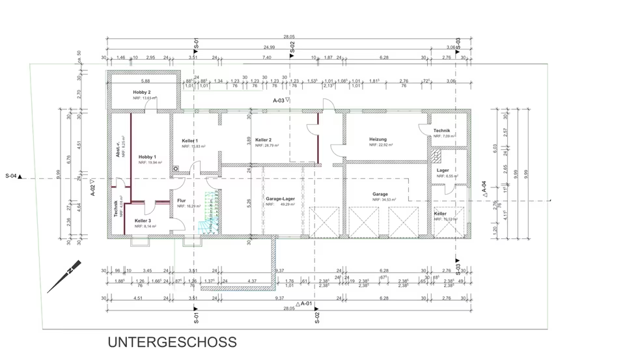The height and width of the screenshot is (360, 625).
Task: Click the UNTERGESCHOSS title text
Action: pos(172,342)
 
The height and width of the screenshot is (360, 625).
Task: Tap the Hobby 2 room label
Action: pos(142,92)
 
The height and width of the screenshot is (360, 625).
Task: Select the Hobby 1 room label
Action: pos(147,157)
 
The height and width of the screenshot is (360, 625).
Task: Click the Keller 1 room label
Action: pos(190,141)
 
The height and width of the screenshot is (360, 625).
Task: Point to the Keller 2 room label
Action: pos(264,140)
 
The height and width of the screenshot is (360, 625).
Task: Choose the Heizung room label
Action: pos(378,139)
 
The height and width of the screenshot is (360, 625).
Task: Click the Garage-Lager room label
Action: pos(280,198)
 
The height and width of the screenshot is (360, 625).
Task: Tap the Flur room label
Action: pos(182,201)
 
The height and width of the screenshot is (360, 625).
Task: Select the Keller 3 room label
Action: pos(143,221)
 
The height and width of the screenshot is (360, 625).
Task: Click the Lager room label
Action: pos(443,171)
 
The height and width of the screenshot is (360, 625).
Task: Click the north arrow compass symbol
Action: pos(72,268)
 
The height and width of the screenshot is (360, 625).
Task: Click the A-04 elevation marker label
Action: pos(484,188)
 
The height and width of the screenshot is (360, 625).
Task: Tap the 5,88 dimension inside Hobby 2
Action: pos(145,81)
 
